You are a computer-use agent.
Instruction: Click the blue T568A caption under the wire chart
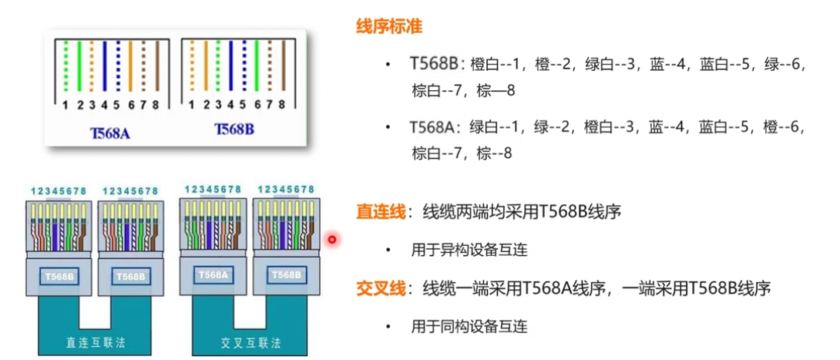pos(109,133)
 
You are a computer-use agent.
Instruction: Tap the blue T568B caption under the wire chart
pos(234,129)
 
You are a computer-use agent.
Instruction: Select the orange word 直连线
pos(381,210)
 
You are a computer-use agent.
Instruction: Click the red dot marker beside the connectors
pos(332,240)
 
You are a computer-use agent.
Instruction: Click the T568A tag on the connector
pos(213,274)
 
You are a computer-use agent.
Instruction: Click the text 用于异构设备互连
pos(469,250)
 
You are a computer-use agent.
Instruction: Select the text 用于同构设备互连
pos(469,326)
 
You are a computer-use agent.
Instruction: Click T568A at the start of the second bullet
pos(437,126)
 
